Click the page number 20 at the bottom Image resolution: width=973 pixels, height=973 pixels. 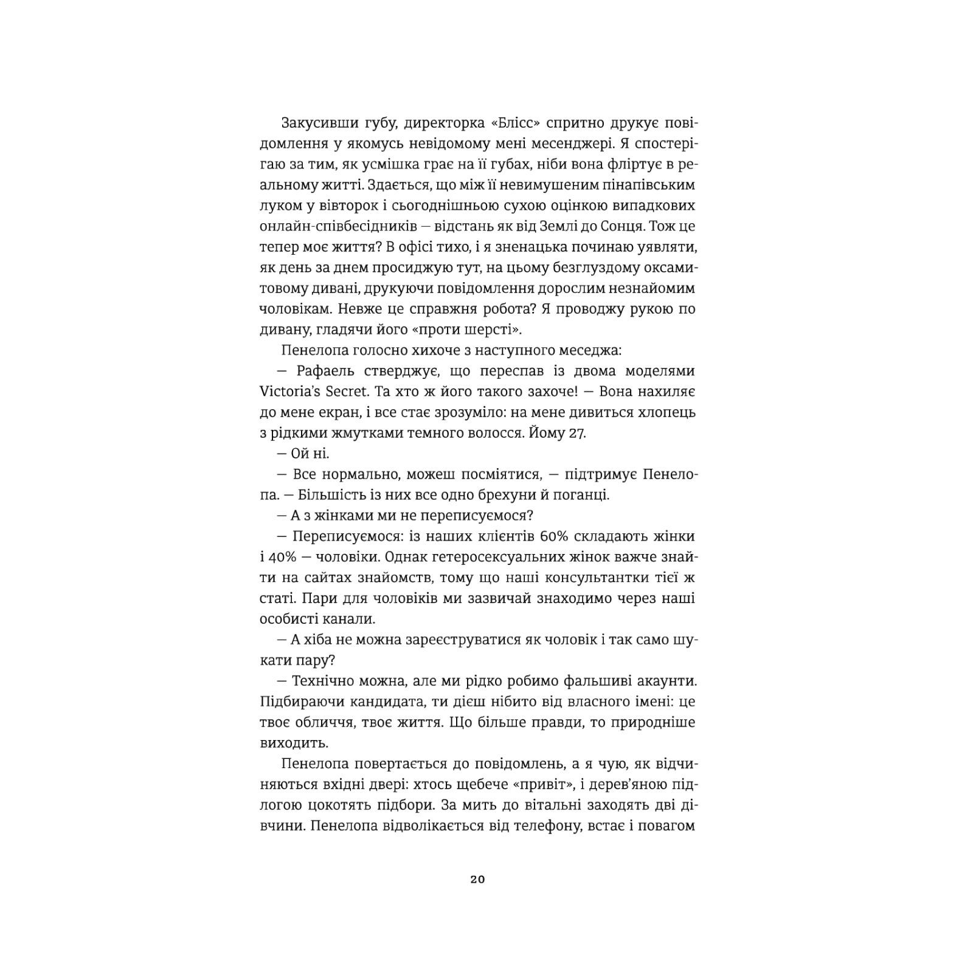click(477, 880)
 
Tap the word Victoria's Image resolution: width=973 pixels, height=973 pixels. click(292, 392)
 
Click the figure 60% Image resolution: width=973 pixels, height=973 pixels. click(554, 536)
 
